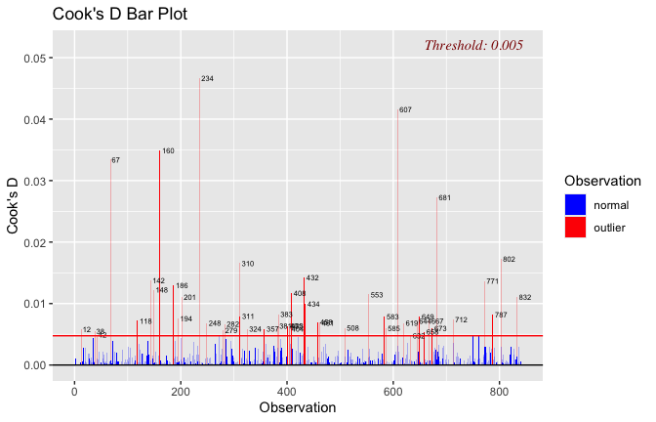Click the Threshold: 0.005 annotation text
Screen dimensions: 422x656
tap(473, 45)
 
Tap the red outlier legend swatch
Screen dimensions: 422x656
tap(576, 228)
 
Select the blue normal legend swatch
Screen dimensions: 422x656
tap(576, 205)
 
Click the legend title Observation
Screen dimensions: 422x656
tap(602, 181)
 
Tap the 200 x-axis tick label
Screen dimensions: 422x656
tap(181, 392)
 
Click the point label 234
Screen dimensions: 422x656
tap(207, 78)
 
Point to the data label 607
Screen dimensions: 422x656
tap(405, 109)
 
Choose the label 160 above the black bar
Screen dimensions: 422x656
tap(168, 151)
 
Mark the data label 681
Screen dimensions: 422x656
tap(444, 198)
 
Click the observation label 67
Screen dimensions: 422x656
tap(115, 160)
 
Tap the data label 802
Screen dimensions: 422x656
tap(509, 259)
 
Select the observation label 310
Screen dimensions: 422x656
tap(247, 264)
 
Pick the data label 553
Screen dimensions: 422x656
tap(376, 295)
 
